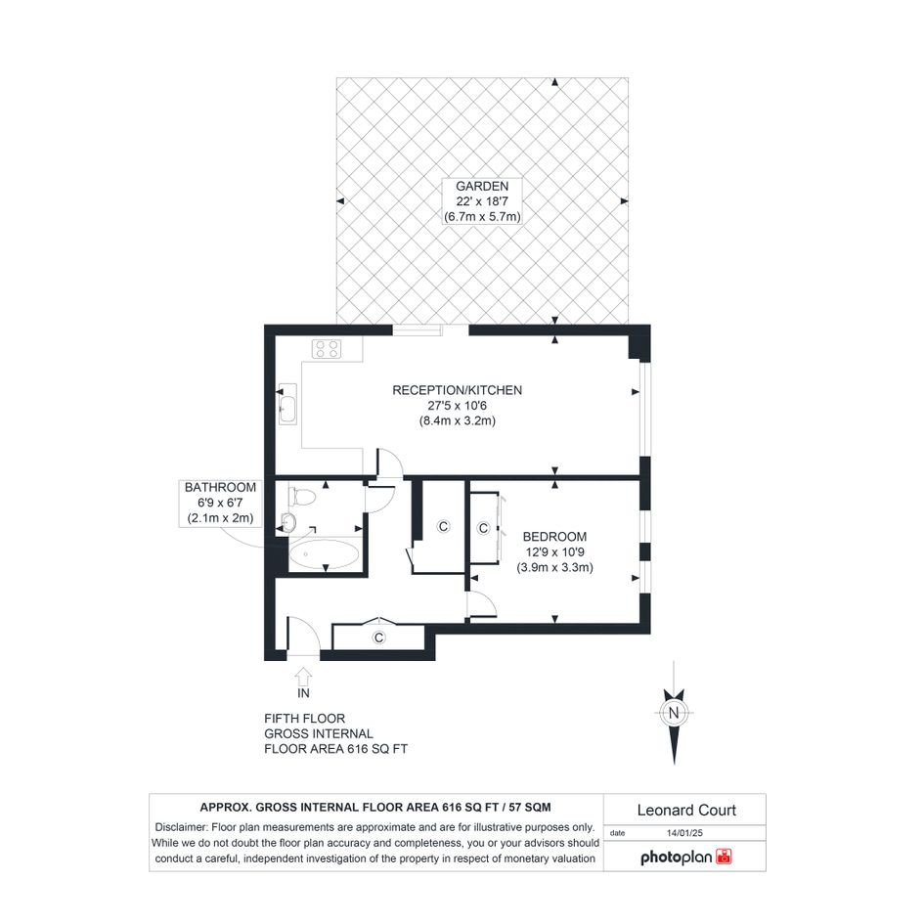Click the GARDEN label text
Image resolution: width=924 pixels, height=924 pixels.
pyautogui.click(x=482, y=186)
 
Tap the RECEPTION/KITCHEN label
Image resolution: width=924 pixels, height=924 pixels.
pyautogui.click(x=458, y=390)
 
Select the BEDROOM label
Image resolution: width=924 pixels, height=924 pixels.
pyautogui.click(x=555, y=537)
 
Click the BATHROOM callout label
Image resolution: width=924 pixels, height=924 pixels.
pyautogui.click(x=220, y=487)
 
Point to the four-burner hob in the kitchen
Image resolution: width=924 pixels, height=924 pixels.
pyautogui.click(x=327, y=349)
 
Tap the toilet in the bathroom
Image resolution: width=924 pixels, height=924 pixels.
pyautogui.click(x=302, y=496)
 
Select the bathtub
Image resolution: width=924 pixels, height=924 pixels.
pyautogui.click(x=324, y=554)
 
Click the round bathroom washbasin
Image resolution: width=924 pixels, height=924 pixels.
pyautogui.click(x=288, y=522)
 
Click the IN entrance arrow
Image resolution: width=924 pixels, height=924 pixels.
pyautogui.click(x=303, y=676)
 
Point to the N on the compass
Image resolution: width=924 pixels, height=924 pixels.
pyautogui.click(x=674, y=713)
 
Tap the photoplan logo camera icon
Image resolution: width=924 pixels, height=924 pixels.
pyautogui.click(x=724, y=857)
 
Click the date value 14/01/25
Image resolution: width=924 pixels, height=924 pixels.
pyautogui.click(x=684, y=833)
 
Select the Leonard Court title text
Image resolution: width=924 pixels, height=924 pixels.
pyautogui.click(x=686, y=811)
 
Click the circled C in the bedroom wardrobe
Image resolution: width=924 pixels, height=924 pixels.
pyautogui.click(x=484, y=528)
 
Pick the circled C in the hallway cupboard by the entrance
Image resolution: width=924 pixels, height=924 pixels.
pyautogui.click(x=379, y=637)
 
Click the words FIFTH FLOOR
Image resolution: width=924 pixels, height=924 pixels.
pyautogui.click(x=305, y=719)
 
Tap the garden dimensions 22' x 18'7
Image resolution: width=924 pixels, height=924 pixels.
pyautogui.click(x=482, y=201)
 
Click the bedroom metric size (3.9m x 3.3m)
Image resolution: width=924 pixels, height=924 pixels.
pyautogui.click(x=555, y=567)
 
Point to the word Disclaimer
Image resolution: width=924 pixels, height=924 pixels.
pyautogui.click(x=180, y=827)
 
